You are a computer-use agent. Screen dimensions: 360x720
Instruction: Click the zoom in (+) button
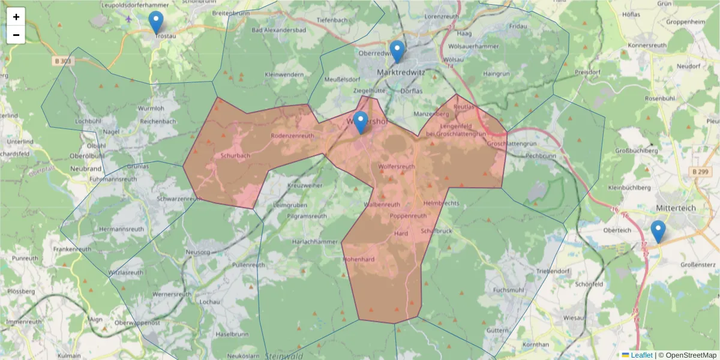[x=16, y=17]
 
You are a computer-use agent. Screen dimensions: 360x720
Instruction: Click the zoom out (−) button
[x=16, y=35]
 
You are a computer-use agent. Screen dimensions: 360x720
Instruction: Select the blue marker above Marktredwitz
[x=397, y=52]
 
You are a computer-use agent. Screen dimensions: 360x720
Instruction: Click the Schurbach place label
[x=235, y=155]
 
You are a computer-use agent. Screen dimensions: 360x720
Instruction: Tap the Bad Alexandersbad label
[x=279, y=29]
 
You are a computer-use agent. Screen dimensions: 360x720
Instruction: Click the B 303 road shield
[x=61, y=61]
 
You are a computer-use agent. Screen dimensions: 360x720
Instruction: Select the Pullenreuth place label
[x=248, y=265]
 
